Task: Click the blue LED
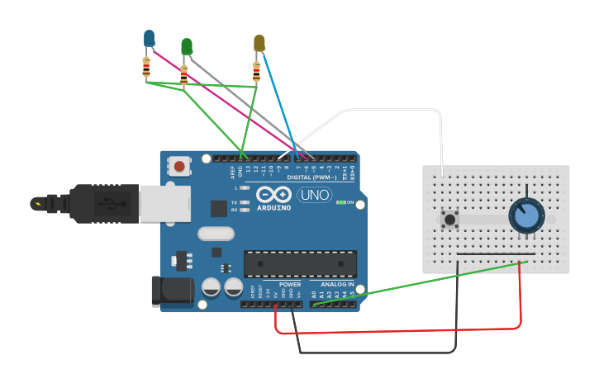coord(149,38)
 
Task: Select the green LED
coord(187,46)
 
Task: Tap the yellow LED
coord(259,43)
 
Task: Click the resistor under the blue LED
coord(147,68)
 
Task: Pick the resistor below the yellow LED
coord(256,73)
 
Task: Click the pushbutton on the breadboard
coord(450,220)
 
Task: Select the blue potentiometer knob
coord(525,216)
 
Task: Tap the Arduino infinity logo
coord(273,196)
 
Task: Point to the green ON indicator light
coord(340,202)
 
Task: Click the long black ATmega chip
coord(300,264)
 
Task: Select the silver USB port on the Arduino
coord(164,203)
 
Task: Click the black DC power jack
coord(172,292)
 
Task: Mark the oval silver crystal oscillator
coord(216,234)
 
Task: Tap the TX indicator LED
coord(244,202)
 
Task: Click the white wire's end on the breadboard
coord(442,174)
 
